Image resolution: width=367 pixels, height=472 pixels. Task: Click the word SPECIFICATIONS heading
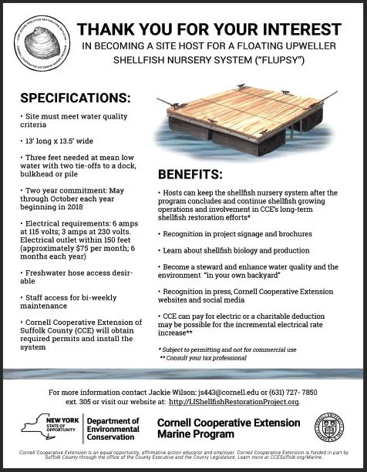[76, 99]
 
